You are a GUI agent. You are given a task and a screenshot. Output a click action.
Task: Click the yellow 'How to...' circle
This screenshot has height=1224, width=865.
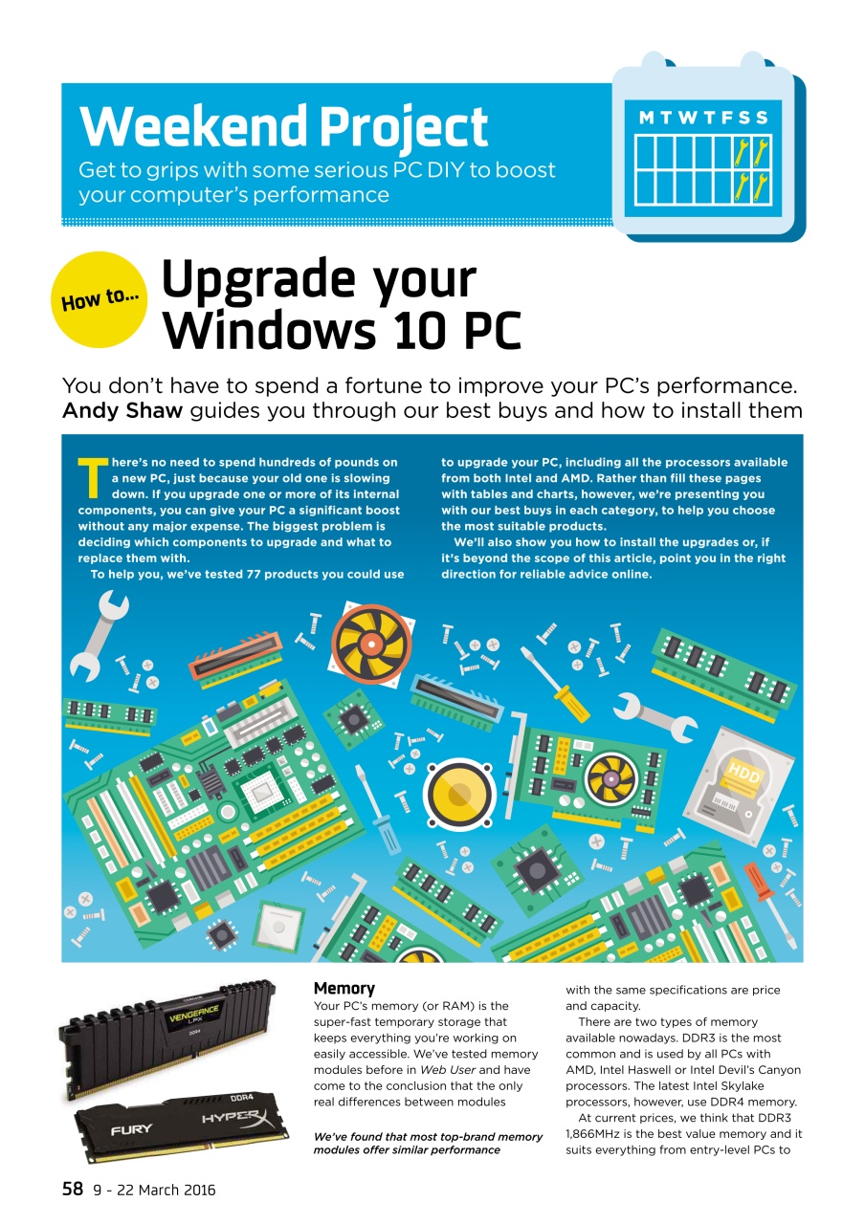point(99,299)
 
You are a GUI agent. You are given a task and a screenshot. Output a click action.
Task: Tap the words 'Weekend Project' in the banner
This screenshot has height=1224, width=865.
point(284,127)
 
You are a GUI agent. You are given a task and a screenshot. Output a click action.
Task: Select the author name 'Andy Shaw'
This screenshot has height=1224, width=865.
point(122,410)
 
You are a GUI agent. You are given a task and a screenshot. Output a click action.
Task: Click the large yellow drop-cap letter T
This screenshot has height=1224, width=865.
point(93,478)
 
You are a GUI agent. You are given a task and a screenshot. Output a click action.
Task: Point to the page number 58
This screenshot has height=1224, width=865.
point(73,1189)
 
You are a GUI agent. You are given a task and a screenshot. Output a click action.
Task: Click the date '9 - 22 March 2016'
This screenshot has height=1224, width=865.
point(155,1191)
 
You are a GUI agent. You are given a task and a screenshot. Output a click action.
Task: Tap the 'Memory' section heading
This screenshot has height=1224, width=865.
point(344,988)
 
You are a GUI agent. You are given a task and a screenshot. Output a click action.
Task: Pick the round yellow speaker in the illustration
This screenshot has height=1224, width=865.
point(459,794)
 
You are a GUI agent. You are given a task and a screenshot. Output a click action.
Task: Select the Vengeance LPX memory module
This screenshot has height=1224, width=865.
point(166,1038)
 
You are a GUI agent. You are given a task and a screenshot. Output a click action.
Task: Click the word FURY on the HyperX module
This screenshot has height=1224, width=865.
point(131,1129)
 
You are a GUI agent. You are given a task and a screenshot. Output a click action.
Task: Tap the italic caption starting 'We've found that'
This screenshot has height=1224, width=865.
point(428,1143)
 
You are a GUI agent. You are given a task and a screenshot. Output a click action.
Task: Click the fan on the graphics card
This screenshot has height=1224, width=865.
point(611,778)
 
